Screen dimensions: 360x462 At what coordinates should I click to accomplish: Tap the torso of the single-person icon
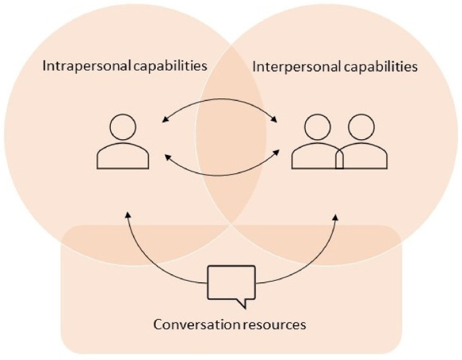coord(123,156)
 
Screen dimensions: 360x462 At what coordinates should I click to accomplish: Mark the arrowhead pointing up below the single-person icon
coord(127,216)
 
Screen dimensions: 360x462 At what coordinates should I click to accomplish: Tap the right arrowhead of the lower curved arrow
coord(277,156)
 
